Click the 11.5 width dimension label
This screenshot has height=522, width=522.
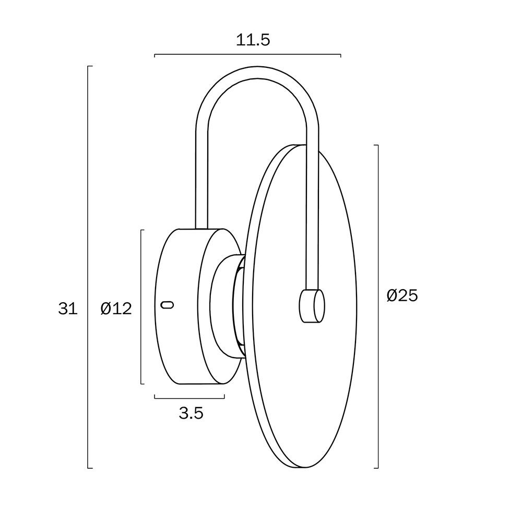(x=253, y=40)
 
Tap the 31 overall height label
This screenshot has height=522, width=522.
(x=68, y=309)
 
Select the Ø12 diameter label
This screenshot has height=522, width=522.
(x=116, y=309)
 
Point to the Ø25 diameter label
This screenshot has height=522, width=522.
(x=402, y=295)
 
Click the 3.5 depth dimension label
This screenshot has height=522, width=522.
(x=191, y=413)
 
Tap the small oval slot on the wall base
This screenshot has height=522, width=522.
(x=167, y=305)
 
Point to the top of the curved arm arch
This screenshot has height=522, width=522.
(x=257, y=73)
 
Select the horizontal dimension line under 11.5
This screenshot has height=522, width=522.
(x=247, y=54)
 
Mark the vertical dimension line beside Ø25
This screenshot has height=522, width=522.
(x=378, y=306)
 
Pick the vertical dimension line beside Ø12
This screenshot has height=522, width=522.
(x=141, y=306)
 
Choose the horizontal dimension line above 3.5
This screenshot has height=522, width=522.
(x=189, y=398)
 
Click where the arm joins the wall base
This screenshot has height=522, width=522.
(x=201, y=229)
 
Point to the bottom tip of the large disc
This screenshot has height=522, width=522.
(x=305, y=467)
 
